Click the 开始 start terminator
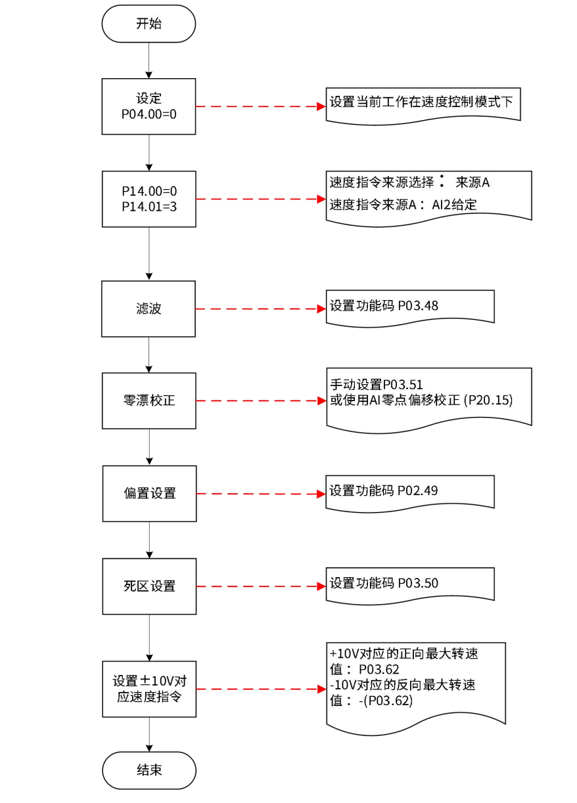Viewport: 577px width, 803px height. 149,25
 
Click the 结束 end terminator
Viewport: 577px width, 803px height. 149,770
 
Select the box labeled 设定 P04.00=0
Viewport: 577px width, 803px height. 149,106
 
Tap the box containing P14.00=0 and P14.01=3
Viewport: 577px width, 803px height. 149,199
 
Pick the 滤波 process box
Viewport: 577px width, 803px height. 149,309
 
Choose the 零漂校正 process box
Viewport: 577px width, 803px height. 149,401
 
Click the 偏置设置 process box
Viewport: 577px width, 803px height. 149,493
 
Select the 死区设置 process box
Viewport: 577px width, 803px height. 149,586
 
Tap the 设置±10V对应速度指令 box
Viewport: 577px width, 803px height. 149,689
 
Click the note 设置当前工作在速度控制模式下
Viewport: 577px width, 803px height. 423,104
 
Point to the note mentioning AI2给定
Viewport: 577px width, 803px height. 428,194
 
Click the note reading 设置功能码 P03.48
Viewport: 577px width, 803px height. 409,307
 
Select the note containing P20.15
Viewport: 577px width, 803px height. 428,396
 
